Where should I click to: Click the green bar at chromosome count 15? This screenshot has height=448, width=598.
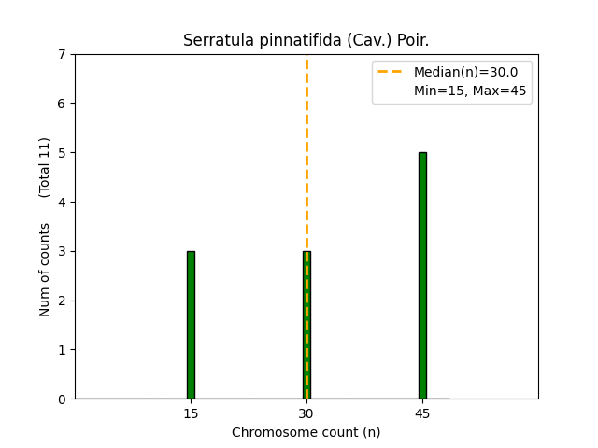tap(191, 325)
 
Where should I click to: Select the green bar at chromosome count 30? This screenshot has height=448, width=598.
tap(306, 325)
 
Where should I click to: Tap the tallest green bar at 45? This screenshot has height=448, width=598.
tap(422, 275)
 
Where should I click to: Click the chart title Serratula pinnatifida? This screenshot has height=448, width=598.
tap(306, 40)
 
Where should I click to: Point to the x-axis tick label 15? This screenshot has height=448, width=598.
tap(191, 413)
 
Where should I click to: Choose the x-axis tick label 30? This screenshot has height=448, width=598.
tap(306, 413)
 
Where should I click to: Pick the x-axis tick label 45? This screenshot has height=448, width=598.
tap(422, 413)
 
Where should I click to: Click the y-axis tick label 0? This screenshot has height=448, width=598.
tap(63, 399)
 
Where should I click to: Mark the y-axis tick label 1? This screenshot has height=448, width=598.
tap(63, 350)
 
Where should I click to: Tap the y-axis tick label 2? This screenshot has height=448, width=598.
tap(63, 301)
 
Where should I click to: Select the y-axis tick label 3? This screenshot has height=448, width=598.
tap(63, 251)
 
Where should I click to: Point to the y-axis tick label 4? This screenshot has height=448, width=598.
tap(63, 202)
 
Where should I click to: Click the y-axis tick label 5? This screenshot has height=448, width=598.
tap(63, 152)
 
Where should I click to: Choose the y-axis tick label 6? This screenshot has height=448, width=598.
tap(63, 104)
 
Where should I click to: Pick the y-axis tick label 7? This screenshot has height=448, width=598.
tap(63, 54)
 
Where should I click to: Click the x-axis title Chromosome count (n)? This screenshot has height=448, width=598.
tap(306, 432)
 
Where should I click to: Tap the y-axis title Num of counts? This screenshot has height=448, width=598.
tap(45, 269)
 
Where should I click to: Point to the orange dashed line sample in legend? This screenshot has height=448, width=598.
tap(392, 72)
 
